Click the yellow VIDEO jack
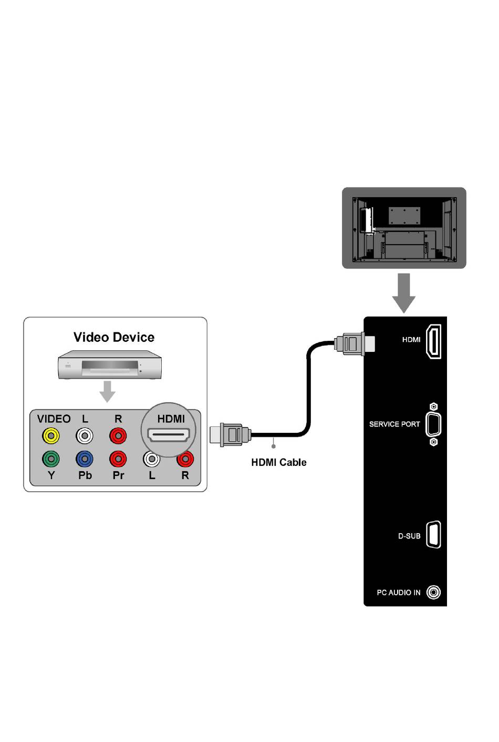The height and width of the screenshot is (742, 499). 51,436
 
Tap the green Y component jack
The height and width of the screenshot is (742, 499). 51,459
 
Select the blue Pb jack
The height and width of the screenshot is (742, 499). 85,459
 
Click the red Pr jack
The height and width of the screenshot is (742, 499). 118,459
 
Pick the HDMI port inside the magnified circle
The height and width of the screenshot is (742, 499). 169,435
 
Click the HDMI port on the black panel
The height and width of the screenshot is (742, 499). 433,342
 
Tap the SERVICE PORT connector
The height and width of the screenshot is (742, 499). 433,424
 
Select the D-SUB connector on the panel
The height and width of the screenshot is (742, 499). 433,535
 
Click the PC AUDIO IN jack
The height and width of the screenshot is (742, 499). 433,593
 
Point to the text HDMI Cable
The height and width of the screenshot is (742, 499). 279,462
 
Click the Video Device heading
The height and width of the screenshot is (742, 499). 114,337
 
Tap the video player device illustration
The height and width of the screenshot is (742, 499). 109,364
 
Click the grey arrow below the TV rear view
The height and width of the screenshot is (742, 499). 404,292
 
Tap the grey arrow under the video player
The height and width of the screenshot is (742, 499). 108,391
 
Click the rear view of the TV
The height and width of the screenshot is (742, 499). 404,228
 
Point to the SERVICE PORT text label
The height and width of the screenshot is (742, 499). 394,424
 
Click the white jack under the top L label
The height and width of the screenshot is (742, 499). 85,436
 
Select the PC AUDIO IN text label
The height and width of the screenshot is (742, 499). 399,593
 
